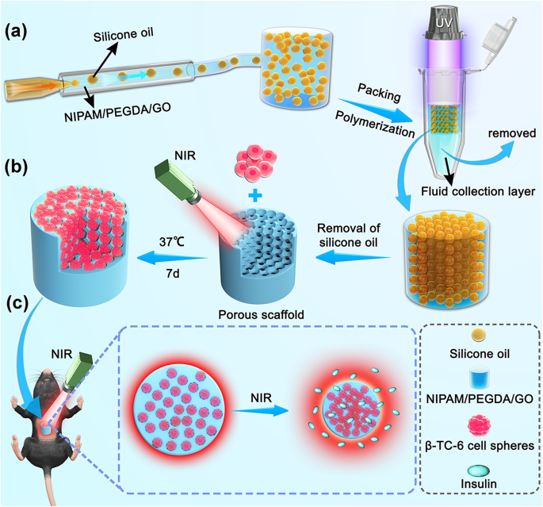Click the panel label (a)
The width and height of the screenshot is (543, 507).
pos(18,33)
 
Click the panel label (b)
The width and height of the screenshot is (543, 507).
pos(18,169)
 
